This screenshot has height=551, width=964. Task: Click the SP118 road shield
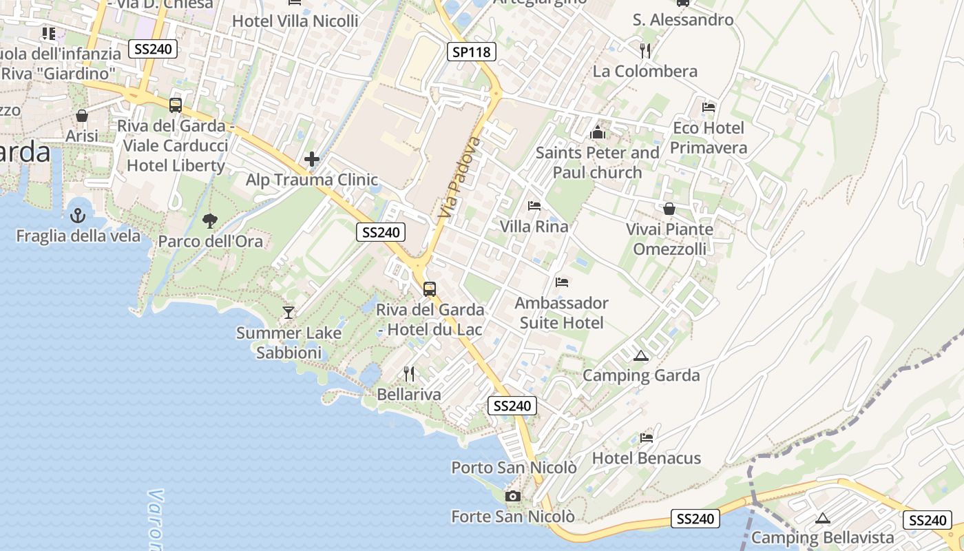tap(472, 51)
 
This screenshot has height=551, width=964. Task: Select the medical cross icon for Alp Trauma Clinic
tap(312, 160)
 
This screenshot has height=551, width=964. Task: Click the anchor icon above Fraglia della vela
tap(78, 216)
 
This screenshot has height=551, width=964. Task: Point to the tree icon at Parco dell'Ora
tap(210, 221)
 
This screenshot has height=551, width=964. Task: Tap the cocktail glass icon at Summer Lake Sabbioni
tap(289, 313)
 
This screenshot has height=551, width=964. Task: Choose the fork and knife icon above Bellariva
tap(410, 374)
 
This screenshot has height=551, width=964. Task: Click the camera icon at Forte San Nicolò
tap(512, 496)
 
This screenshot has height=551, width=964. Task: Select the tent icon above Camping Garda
tap(641, 355)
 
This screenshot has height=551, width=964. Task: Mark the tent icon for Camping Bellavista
tap(822, 518)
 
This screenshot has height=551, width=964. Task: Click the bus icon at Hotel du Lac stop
tap(430, 289)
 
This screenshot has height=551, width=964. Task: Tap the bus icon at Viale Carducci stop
tap(176, 105)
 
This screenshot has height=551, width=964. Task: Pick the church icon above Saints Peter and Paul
tap(597, 132)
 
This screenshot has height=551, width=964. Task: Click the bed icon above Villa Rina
tap(534, 206)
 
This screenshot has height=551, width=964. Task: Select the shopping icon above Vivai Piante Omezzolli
tap(669, 209)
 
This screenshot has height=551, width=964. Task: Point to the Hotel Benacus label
tap(647, 458)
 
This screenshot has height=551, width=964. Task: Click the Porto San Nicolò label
tap(514, 468)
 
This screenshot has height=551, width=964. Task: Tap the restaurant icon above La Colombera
tap(645, 51)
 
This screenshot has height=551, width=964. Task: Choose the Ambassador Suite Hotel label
tap(562, 313)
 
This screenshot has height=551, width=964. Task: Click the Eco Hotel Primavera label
tap(709, 138)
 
